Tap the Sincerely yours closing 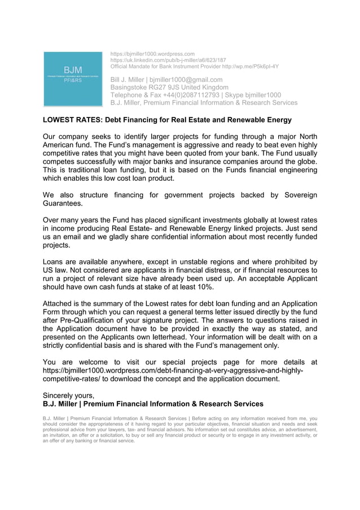pyautogui.click(x=68, y=395)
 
